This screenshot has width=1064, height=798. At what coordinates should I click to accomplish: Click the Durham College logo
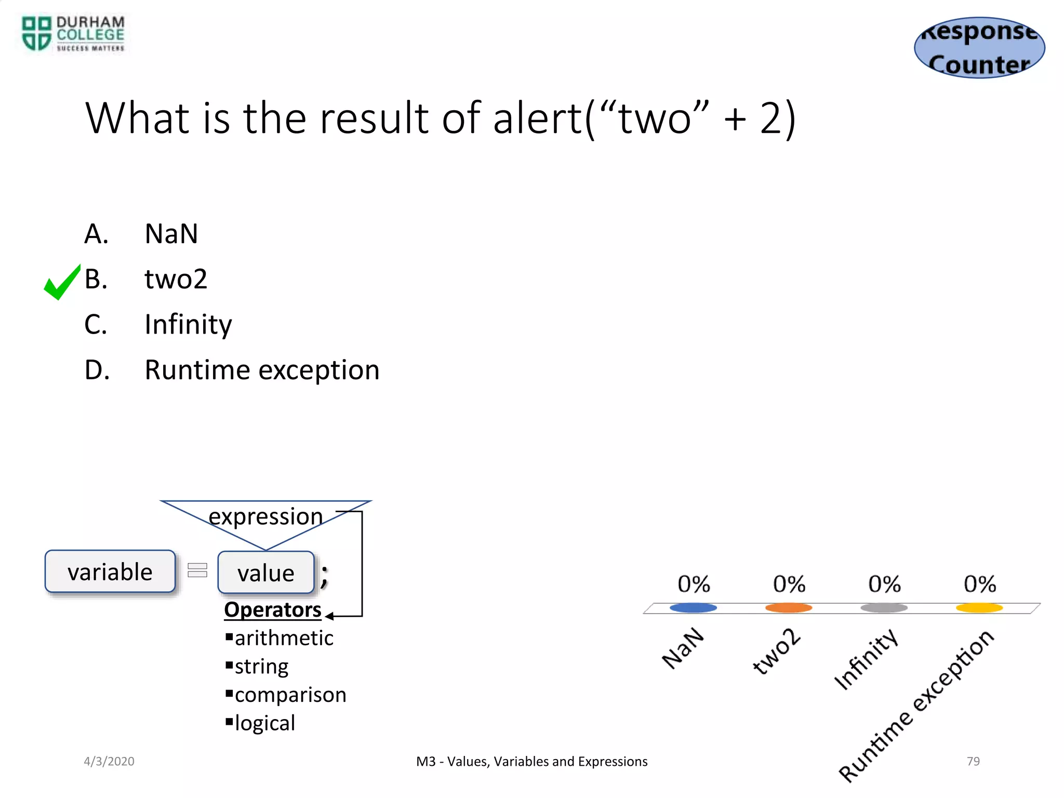pos(73,34)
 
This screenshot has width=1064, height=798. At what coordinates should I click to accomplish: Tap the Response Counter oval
pos(979,48)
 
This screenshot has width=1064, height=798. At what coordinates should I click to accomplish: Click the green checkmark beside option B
pos(62,282)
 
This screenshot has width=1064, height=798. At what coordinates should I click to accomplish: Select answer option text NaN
pos(171,234)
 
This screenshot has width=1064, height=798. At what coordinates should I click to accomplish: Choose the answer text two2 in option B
pos(176,279)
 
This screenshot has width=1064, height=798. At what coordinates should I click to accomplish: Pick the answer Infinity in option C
pos(188,325)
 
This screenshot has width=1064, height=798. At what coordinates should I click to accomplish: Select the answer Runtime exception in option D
pos(262,370)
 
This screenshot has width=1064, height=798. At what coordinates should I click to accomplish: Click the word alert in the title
pos(538,118)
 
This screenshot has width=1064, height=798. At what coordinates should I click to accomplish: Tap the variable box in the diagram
pos(110,571)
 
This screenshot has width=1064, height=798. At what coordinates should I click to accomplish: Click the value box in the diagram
pos(265,573)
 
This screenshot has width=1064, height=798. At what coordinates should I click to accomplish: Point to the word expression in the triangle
pos(265,516)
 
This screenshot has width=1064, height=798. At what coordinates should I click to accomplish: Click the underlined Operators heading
pos(273,609)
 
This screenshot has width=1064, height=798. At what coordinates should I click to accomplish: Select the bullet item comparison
pos(290,695)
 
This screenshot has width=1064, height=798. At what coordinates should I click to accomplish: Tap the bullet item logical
pos(264,723)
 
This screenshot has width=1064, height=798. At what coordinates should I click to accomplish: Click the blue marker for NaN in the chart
pos(693,607)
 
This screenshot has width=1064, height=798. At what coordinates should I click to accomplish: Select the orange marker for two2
pos(788,607)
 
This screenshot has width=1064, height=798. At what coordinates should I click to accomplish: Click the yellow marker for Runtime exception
pos(979,607)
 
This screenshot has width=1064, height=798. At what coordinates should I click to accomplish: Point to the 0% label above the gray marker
pos(884,584)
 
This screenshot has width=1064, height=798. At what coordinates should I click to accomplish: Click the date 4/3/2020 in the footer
pos(109,761)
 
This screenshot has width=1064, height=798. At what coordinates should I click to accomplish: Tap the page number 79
pos(973,761)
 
